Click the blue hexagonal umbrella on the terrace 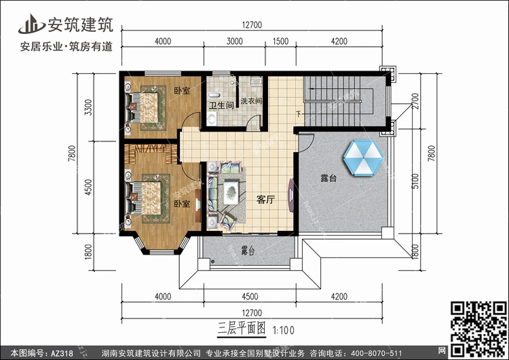pos(362,158)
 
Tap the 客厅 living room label pos(265,200)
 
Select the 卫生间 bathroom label pos(221,105)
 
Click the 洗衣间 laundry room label pos(251,101)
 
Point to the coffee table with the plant pos(231,192)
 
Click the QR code pos(478,329)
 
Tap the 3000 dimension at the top pos(234,41)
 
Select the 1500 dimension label pos(280,41)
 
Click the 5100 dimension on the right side pos(416,181)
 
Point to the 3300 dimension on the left pos(88,107)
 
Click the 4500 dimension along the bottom pos(250,296)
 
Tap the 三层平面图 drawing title pos(242,329)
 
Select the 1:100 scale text pos(284,330)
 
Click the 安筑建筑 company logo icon pos(31,24)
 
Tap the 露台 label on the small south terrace pos(248,251)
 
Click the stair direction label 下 pos(299,114)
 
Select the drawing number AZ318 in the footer pos(62,353)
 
